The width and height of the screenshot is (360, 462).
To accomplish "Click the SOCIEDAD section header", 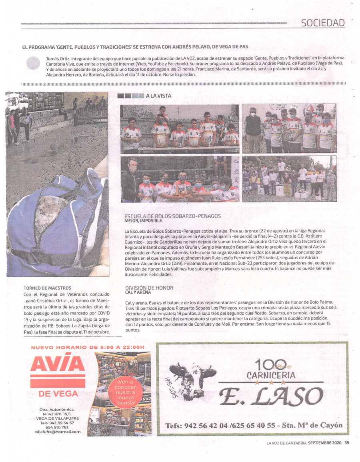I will coord(323,23).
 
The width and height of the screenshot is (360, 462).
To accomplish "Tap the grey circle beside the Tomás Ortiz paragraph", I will coord(33,64).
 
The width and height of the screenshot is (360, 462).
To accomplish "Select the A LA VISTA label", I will coord(158,96).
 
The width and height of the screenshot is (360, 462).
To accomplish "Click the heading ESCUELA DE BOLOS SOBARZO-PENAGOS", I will coord(172,216).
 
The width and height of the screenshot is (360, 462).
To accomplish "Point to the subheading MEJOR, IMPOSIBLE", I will coord(143,221).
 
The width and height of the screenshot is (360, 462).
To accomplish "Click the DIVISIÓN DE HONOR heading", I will coord(149,288).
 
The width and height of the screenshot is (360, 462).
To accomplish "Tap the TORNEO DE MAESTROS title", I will coord(47,288).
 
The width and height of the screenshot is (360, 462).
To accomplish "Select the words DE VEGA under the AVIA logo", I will coord(58,394).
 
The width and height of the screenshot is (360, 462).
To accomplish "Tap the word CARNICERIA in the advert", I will coord(271,375).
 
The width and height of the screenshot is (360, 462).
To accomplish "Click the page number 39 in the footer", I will coord(347,442).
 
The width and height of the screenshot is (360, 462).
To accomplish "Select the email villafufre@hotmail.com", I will coord(58,432).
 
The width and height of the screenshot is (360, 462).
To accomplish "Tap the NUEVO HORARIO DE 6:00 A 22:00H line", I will coord(88,347).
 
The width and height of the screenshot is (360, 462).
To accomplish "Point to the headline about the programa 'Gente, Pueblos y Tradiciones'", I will coord(135,47).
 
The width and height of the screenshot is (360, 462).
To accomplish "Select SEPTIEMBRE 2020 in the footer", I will coord(325,442).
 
